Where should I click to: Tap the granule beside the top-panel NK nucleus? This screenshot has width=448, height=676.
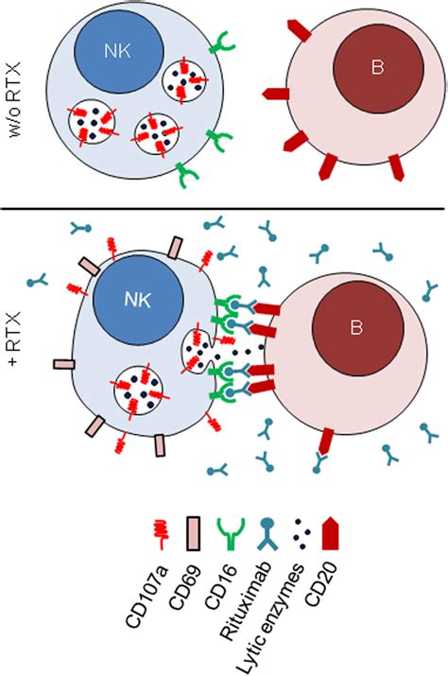186,81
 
